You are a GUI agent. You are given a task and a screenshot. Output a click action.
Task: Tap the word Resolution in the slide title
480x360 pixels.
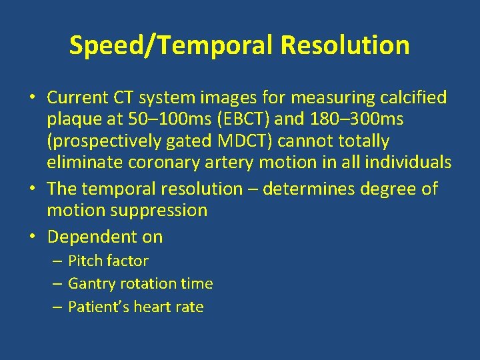pyautogui.click(x=345, y=45)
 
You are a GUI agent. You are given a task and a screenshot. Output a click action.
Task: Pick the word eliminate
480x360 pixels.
pyautogui.click(x=85, y=162)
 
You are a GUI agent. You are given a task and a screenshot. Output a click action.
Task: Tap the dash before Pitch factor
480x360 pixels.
pyautogui.click(x=58, y=261)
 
